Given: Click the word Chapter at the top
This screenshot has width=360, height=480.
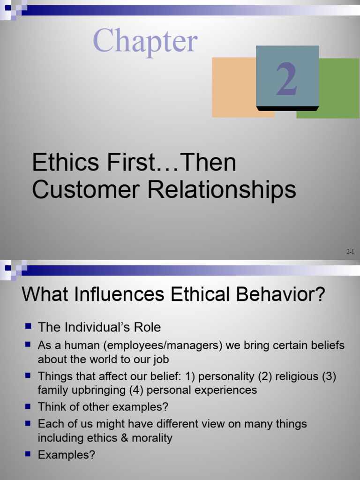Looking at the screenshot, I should (x=145, y=40).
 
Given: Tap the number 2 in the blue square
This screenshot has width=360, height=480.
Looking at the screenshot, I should (x=287, y=80).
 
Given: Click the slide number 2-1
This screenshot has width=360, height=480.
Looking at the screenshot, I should (x=350, y=252).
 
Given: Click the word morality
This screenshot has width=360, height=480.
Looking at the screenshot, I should (x=152, y=438).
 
